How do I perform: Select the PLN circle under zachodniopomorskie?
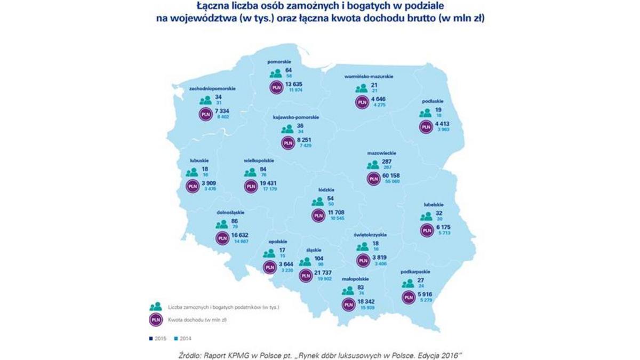(x=205, y=114)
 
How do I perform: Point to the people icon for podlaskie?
(x=425, y=113)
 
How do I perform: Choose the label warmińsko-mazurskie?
(x=369, y=77)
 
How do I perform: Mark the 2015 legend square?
(x=151, y=338)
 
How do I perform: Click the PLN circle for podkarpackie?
(x=409, y=297)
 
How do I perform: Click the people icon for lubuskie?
(x=193, y=173)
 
